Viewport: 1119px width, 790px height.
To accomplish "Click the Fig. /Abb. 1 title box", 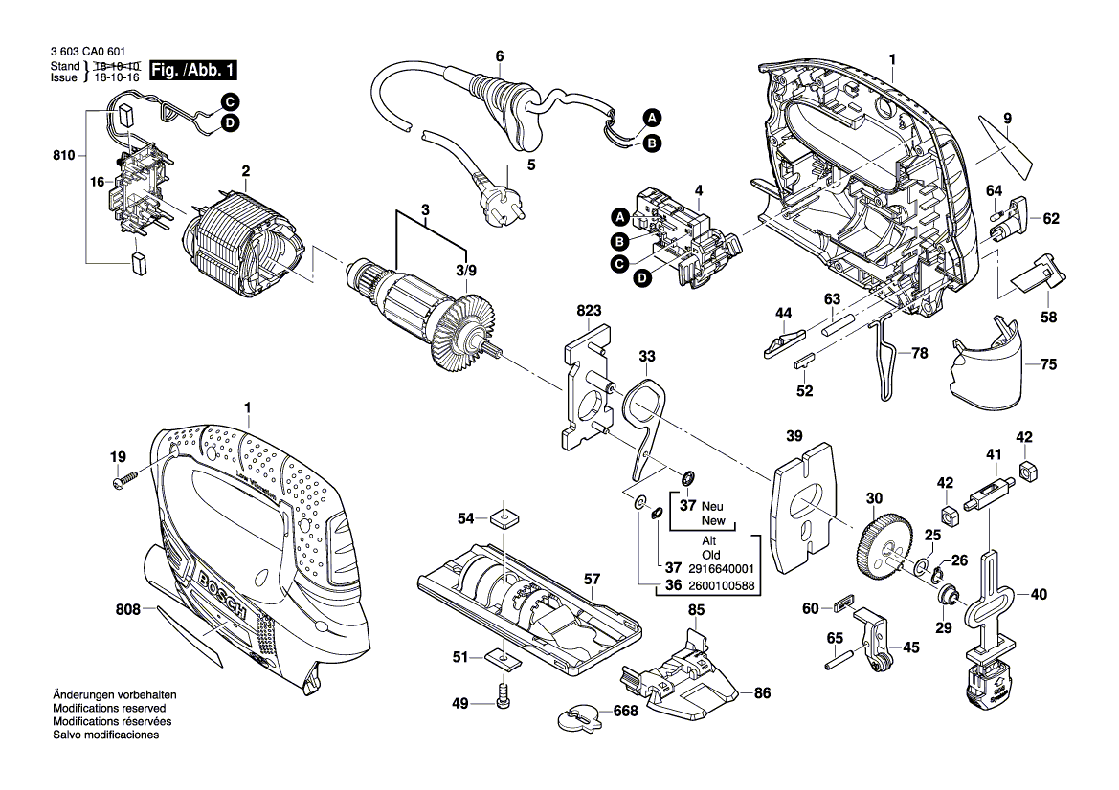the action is [x=193, y=70].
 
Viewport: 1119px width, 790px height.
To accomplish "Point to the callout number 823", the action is [x=589, y=310].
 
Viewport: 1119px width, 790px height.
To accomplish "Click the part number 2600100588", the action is [x=721, y=586].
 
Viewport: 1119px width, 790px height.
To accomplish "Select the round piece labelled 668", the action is [x=579, y=717].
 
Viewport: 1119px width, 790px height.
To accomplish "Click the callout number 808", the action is [x=127, y=609].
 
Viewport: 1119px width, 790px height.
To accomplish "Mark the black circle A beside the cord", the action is [x=652, y=119].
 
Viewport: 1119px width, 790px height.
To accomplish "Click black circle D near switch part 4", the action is [x=643, y=278].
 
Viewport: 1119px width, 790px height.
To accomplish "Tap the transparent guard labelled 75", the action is [x=989, y=361].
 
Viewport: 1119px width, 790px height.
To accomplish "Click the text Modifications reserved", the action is [x=109, y=708].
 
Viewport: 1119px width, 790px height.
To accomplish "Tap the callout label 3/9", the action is [x=466, y=271].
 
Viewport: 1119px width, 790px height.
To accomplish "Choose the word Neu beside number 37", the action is [x=712, y=506].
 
